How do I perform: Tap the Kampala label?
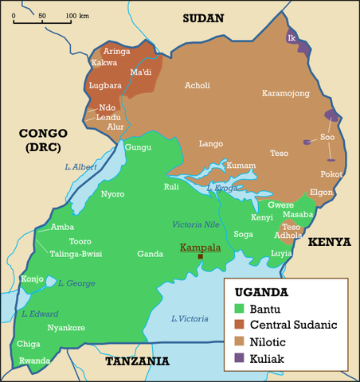click(201, 247)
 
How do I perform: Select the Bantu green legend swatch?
click(239, 307)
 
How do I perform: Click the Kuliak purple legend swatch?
click(239, 358)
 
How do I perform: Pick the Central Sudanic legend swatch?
click(239, 324)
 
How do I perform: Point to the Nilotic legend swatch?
click(239, 341)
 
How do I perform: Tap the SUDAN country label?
click(203, 18)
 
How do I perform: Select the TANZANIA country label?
click(137, 361)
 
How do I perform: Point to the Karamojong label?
click(285, 93)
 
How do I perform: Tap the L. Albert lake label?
click(80, 166)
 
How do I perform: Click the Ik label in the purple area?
click(292, 37)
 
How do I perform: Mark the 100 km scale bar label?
click(77, 15)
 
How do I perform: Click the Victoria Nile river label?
click(194, 224)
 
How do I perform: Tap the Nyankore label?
click(66, 327)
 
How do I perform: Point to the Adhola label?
click(287, 236)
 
